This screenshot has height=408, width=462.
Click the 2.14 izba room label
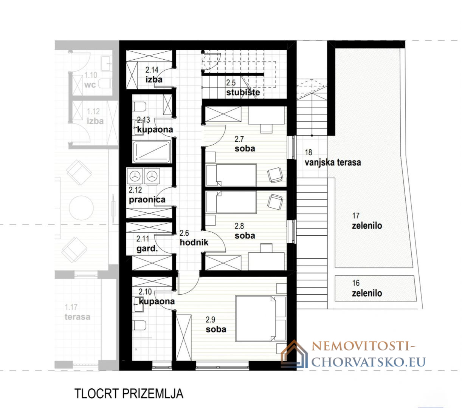pos(154,75)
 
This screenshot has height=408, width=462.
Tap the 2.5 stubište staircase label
pos(243,88)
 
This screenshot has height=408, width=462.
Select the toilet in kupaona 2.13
pos(139,107)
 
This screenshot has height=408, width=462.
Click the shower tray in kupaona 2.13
pos(151,151)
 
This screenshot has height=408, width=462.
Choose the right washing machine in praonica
pos(152,176)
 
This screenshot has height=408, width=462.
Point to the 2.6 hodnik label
pos(194,238)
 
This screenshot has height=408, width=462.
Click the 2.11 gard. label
pos(147,244)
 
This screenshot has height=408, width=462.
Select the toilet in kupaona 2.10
pos(139,325)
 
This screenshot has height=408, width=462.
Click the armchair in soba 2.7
pos(275,175)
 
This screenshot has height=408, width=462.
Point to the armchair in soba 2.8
pos(275,202)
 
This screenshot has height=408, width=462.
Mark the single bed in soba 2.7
pos(231,175)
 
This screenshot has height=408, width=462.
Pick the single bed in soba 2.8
pos(231,202)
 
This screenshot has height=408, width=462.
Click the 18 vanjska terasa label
pos(333,158)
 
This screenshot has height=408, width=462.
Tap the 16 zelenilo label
pos(367,289)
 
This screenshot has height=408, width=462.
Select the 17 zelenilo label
pos(367,221)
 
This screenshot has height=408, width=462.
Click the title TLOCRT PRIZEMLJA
pos(129,393)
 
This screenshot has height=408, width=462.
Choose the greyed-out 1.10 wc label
pos(90,80)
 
